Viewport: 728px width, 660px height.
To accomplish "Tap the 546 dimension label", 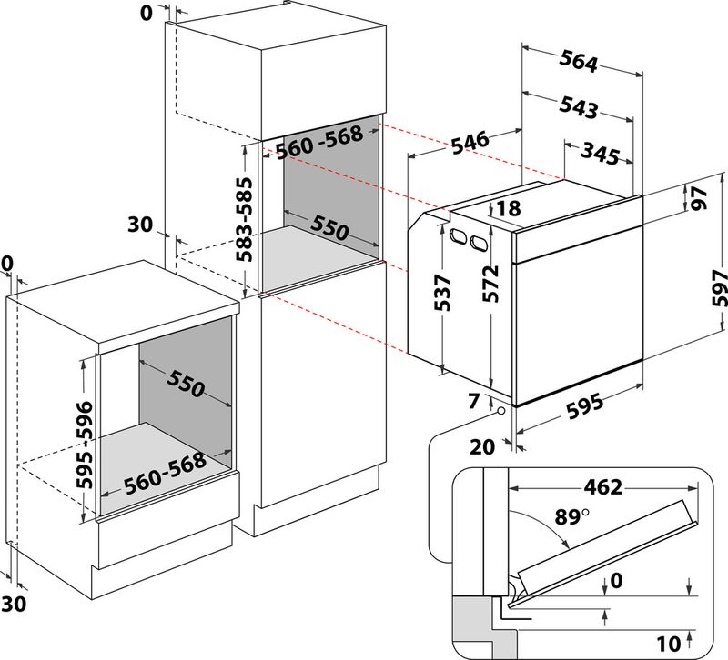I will (x=469, y=143).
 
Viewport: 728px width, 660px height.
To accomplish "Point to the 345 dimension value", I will (x=600, y=152).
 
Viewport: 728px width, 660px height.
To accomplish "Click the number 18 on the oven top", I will (x=509, y=208).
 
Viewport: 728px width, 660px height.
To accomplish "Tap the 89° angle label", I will (x=573, y=517).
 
